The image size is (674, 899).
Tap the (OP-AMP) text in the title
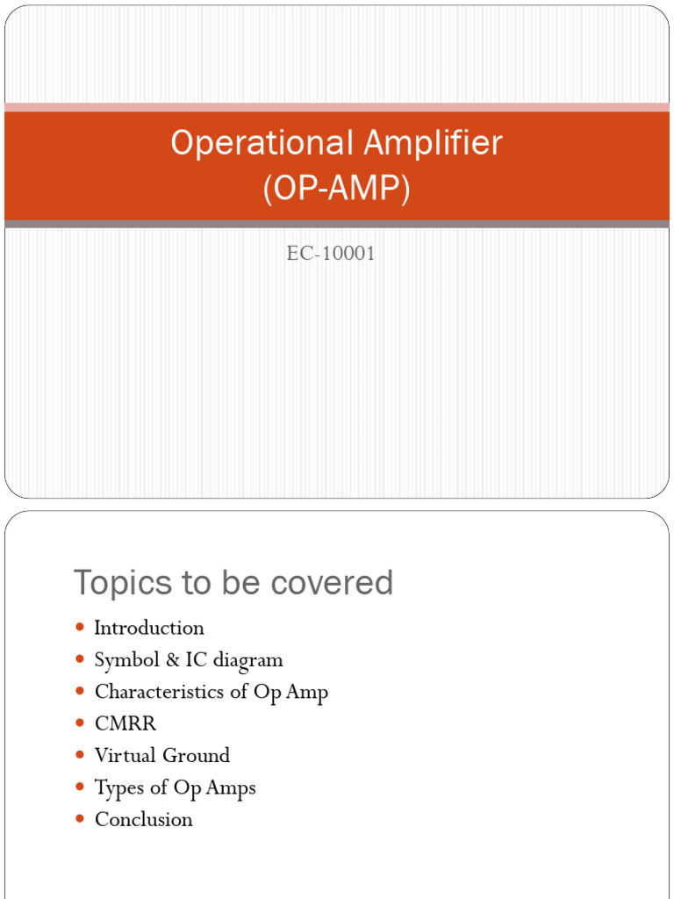(x=337, y=190)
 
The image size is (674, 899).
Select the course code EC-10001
(x=331, y=255)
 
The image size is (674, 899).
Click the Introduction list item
(x=149, y=628)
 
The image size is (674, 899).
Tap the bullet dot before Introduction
(x=80, y=628)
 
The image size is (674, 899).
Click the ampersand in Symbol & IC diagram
(x=161, y=659)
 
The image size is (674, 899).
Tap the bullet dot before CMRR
(x=80, y=723)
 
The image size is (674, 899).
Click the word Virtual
(x=123, y=755)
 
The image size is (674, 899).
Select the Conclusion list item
(x=143, y=819)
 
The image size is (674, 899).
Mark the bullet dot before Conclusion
(x=80, y=819)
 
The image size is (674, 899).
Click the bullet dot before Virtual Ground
(x=80, y=755)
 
